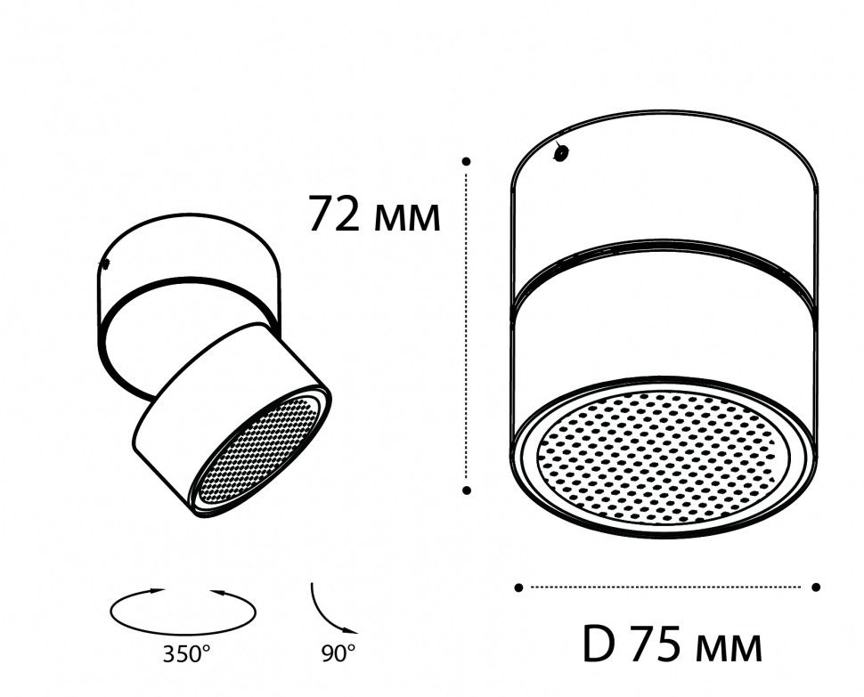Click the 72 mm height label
tap(373, 215)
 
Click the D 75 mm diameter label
tap(672, 644)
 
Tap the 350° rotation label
tap(187, 655)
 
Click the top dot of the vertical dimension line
tap(467, 161)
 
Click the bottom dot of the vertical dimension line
tap(467, 490)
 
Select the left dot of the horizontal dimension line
tap(518, 587)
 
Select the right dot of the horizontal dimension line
tap(816, 587)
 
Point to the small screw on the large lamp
tap(561, 153)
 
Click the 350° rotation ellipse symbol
tap(183, 612)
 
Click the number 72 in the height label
tap(334, 215)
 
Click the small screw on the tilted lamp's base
tap(105, 264)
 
